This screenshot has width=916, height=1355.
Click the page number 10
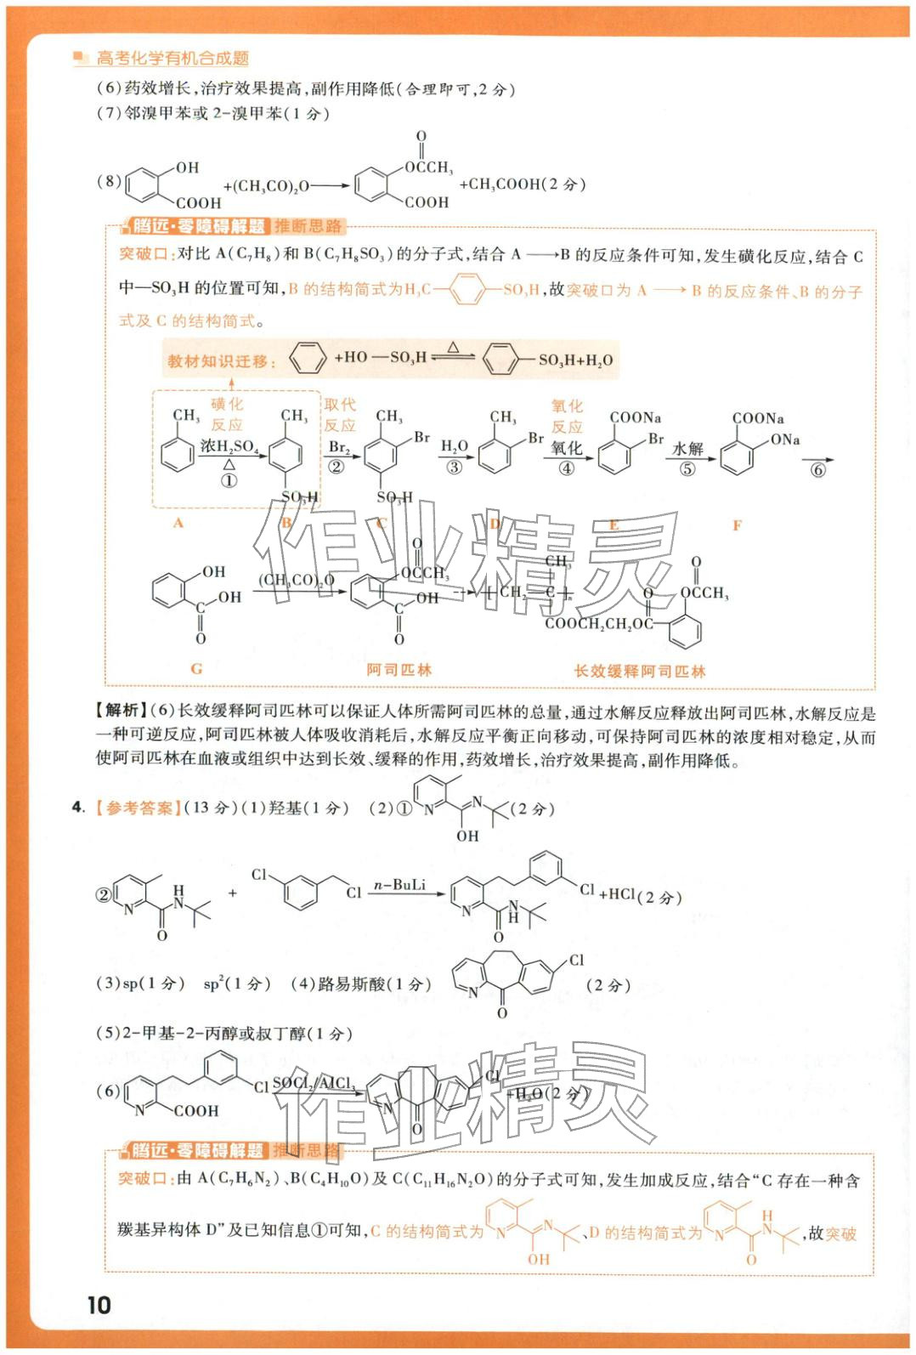click(99, 1306)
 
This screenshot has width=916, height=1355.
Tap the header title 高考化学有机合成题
click(172, 58)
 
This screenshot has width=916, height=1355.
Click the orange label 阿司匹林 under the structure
click(399, 670)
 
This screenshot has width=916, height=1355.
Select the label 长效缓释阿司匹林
click(640, 672)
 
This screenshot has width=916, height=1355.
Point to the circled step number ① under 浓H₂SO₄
click(229, 480)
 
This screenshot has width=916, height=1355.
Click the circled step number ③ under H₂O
click(454, 467)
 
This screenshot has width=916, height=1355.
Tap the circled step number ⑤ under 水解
click(687, 468)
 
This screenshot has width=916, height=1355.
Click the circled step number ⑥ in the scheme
click(817, 470)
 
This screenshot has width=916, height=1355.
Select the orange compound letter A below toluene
click(178, 524)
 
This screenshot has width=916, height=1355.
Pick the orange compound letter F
click(737, 525)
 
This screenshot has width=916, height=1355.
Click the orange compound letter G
click(196, 669)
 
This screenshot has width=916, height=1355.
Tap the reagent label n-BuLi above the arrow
click(399, 885)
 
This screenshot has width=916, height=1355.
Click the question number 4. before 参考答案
click(78, 808)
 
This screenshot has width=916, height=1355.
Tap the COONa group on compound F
click(757, 418)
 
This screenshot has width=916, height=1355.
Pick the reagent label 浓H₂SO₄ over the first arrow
click(229, 445)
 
